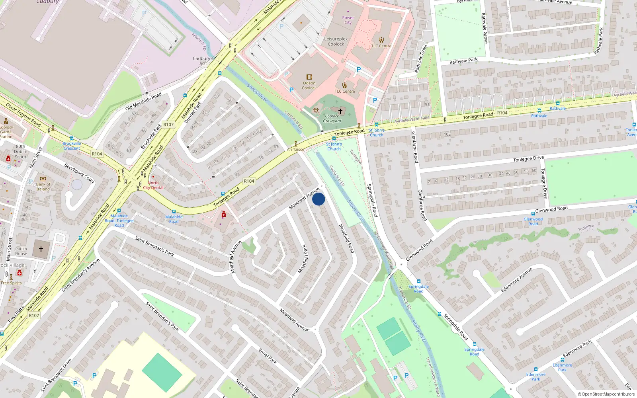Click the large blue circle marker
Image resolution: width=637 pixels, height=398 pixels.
click(318, 199)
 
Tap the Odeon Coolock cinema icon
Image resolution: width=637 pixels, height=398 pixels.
click(309, 77)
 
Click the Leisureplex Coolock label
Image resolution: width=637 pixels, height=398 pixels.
click(336, 41)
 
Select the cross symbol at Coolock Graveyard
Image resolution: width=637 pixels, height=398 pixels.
click(340, 111)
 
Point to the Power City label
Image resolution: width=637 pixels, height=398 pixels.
click(348, 20)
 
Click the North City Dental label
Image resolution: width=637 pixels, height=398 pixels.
click(153, 185)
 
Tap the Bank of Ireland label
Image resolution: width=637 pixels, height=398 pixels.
click(43, 187)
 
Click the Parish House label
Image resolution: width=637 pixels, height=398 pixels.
click(21, 251)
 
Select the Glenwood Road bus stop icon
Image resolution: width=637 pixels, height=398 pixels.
click(533, 214)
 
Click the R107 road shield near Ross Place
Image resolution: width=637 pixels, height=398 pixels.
click(34, 315)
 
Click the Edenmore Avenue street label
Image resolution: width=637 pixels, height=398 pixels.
click(516, 280)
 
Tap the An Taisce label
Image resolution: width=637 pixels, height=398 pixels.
click(295, 150)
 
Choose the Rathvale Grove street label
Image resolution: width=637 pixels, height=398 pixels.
click(485, 28)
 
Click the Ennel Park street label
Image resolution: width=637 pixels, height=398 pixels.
click(268, 356)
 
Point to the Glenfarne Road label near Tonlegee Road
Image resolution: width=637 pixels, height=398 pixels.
click(415, 147)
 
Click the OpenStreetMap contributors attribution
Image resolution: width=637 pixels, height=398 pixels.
click(606, 394)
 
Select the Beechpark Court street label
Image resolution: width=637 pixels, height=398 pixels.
click(79, 173)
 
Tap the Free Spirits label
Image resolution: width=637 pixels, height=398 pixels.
click(11, 283)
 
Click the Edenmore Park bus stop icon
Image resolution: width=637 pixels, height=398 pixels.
click(535, 369)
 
